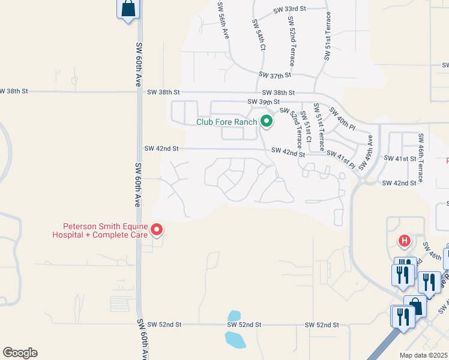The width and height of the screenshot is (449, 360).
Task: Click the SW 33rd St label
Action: point(289,10)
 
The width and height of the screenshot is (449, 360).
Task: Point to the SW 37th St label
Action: point(275,75)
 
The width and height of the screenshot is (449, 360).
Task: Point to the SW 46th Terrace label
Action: point(421,158)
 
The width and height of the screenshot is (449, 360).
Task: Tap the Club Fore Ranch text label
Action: point(226,122)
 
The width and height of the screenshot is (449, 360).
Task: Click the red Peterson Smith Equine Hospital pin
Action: point(157,229)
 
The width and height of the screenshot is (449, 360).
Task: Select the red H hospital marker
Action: point(405,241)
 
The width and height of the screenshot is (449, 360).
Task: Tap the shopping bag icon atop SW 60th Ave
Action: point(128,9)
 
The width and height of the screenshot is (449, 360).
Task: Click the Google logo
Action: point(20,353)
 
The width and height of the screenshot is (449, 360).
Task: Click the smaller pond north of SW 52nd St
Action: point(235,316)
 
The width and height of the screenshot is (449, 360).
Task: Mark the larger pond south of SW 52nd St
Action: point(235,339)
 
